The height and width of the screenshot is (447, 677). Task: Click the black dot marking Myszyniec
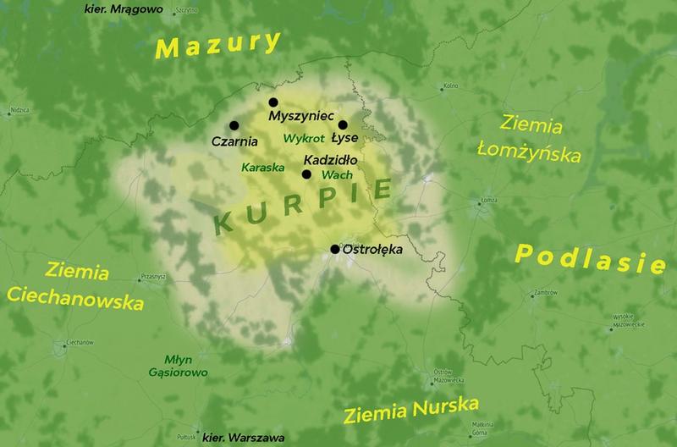click(x=273, y=102)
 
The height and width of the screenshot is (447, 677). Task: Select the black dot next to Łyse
click(x=343, y=124)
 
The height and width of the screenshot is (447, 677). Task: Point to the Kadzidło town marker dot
click(x=306, y=174)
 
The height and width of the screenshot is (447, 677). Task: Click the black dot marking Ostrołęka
click(x=335, y=249)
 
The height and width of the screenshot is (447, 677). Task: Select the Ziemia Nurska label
click(x=412, y=411)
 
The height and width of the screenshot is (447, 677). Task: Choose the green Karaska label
click(x=261, y=168)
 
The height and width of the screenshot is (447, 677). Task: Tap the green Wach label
click(x=331, y=174)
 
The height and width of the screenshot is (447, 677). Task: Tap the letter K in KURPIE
click(x=226, y=223)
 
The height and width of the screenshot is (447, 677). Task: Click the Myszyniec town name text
click(x=301, y=115)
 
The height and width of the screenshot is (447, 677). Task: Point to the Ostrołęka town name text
click(x=369, y=251)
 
